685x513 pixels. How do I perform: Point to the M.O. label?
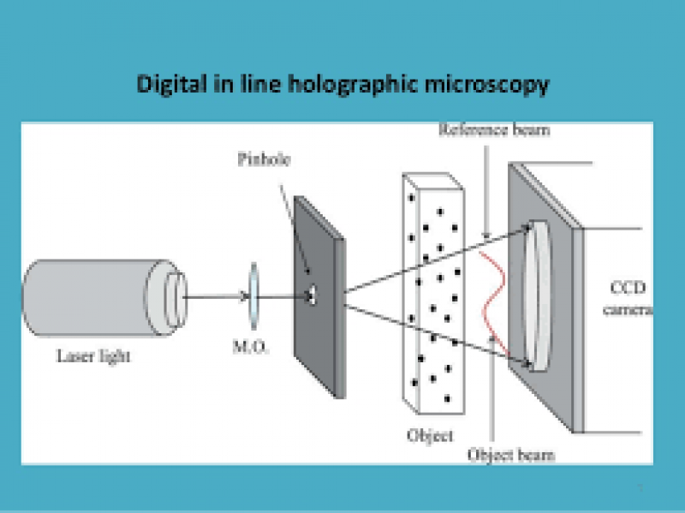(253, 349)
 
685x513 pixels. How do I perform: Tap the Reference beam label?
(494, 131)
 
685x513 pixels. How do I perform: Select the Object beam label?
(510, 455)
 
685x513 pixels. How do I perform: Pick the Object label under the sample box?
(430, 435)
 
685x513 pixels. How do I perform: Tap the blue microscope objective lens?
(253, 296)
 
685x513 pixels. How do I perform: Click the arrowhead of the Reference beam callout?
(487, 236)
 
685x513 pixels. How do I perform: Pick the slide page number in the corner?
(639, 487)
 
